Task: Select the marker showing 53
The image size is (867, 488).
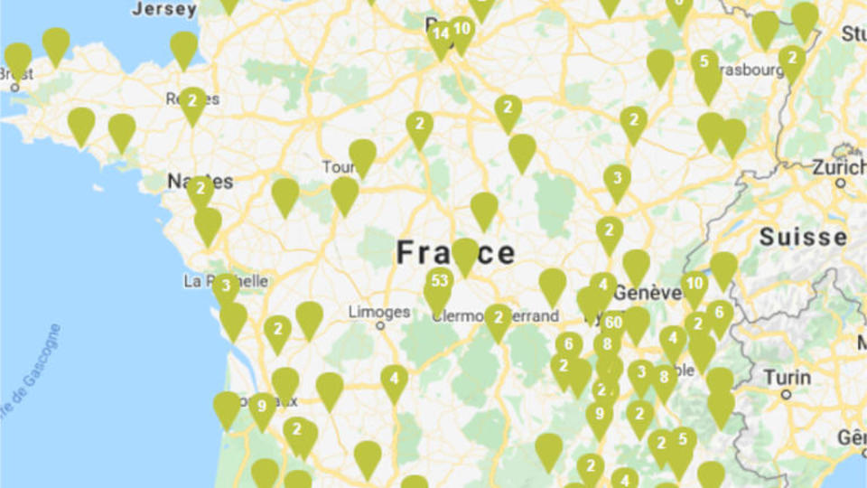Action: (440, 280)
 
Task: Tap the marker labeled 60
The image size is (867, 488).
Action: (614, 323)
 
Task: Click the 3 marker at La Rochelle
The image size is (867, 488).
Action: (225, 286)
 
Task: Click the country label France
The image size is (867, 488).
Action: (456, 252)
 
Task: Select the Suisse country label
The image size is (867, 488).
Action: (803, 238)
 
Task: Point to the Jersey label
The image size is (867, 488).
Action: (163, 9)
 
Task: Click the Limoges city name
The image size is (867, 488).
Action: (379, 312)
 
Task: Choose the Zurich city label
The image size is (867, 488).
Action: (839, 167)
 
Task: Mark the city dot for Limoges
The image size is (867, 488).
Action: (380, 325)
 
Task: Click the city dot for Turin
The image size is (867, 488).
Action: (786, 394)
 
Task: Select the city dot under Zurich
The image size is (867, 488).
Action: (841, 183)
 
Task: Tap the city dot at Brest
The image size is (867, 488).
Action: (15, 88)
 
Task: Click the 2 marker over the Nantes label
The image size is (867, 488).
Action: (200, 190)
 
